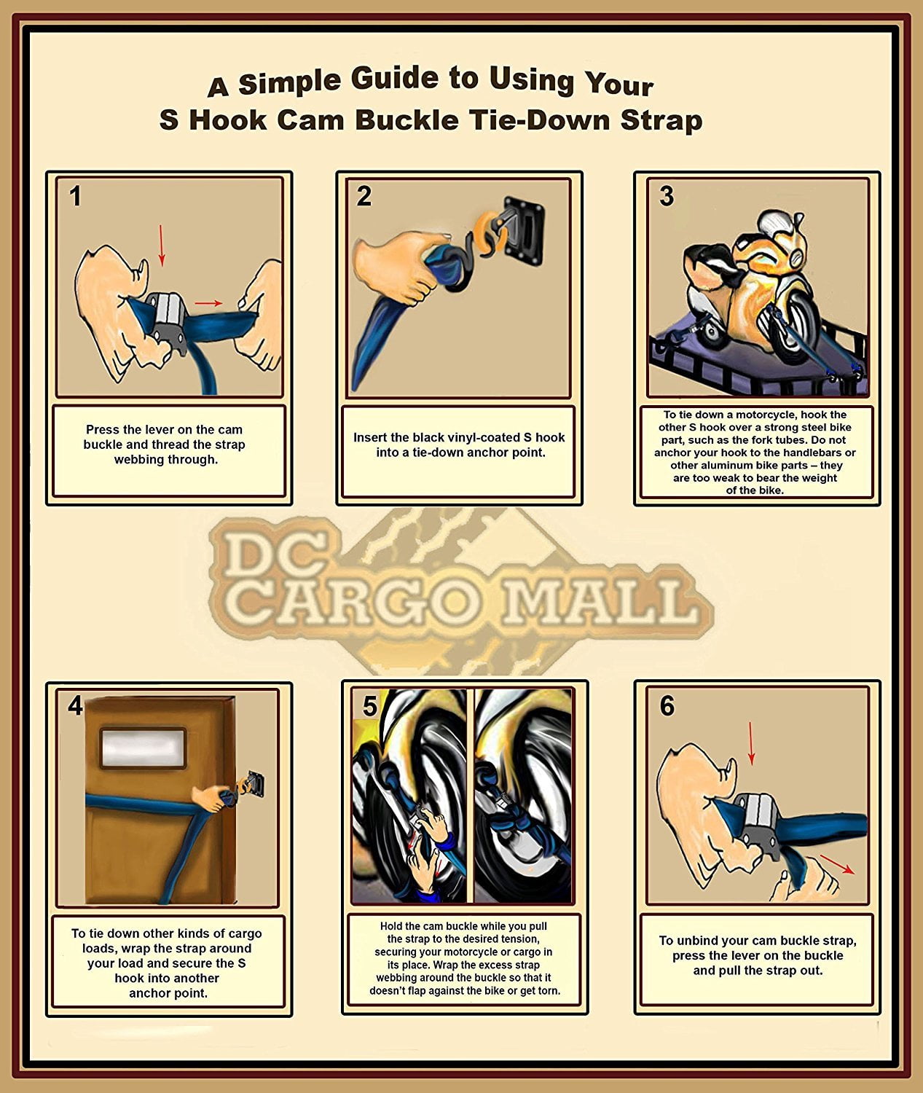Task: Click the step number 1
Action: point(75,196)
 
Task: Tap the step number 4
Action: point(75,705)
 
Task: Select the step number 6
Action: point(667,705)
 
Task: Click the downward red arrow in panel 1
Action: point(162,246)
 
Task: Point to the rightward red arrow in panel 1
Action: point(209,302)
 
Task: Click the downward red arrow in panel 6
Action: point(751,743)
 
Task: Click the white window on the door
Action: point(142,748)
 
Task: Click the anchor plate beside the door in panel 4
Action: point(255,784)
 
